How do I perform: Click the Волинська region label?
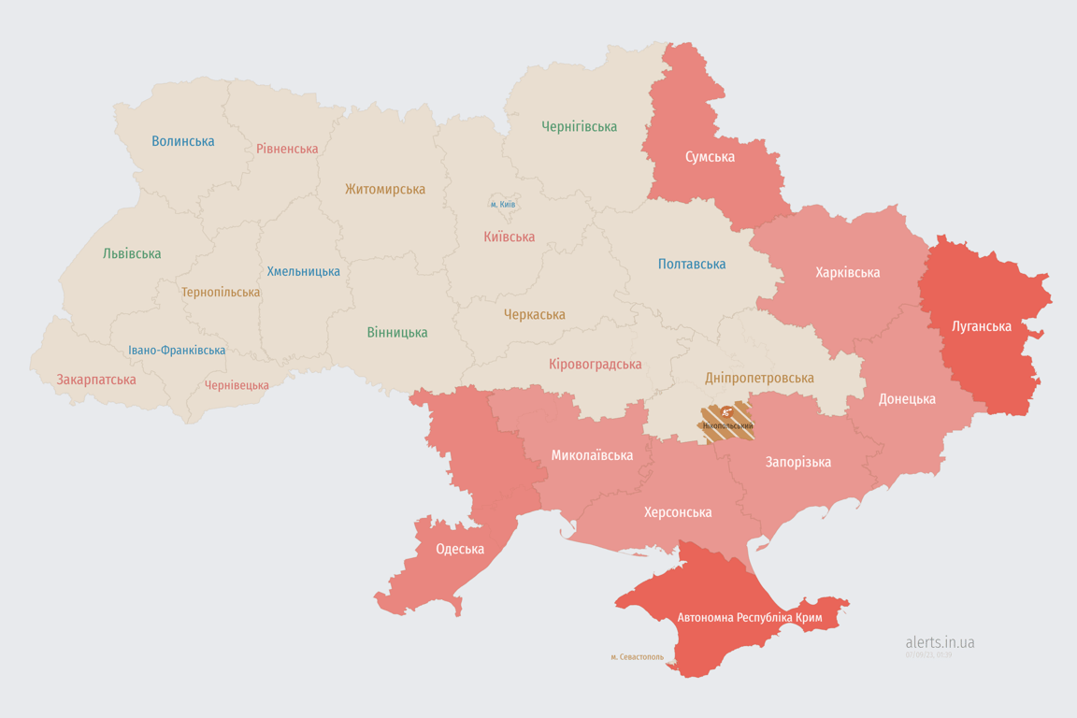tap(183, 141)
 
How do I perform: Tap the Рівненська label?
tap(287, 149)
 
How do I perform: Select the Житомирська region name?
tap(384, 189)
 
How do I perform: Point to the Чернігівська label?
tap(579, 126)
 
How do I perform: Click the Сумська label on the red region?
tap(710, 157)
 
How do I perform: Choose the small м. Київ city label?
tap(503, 204)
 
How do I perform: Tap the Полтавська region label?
tap(692, 264)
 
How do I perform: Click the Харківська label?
tap(847, 272)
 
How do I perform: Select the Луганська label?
tap(981, 326)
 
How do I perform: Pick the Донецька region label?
tap(907, 399)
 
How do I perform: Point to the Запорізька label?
tap(797, 462)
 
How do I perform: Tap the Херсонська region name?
tap(678, 512)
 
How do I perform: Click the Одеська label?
tap(460, 549)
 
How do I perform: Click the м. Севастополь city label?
tap(637, 657)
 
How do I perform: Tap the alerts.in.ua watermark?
tap(940, 642)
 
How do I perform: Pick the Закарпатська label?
tap(96, 380)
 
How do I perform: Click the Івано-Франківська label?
tap(177, 351)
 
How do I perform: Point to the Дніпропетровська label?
tap(759, 378)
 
